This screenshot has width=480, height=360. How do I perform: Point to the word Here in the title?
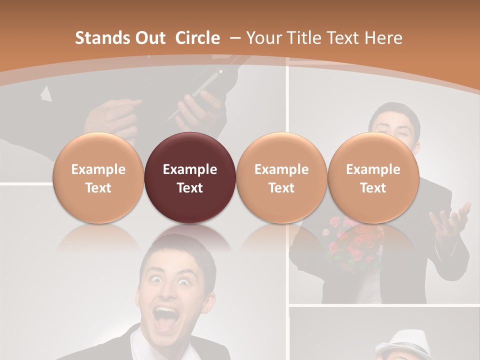click(x=384, y=38)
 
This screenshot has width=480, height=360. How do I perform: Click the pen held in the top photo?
click(x=197, y=95)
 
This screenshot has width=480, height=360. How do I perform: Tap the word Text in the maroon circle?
click(x=189, y=188)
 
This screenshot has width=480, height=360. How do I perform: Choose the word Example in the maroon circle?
click(x=189, y=169)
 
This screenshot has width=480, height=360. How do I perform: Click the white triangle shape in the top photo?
click(x=46, y=93)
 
